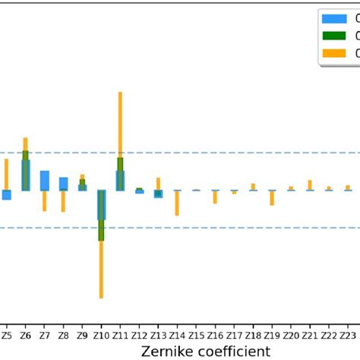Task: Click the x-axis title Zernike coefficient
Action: tap(205, 350)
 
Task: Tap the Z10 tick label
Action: tap(101, 333)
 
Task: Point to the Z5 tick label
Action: tap(7, 333)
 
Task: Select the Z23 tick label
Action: tap(347, 333)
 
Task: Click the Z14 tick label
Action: tap(177, 333)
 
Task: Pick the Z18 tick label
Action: tap(253, 333)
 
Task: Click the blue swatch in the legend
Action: tap(333, 18)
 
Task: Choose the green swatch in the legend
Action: tap(333, 36)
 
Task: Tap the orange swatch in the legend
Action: tap(333, 53)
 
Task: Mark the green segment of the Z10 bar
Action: tap(101, 230)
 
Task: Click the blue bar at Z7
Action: tap(45, 181)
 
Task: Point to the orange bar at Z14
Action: tap(177, 203)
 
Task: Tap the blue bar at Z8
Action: tap(64, 183)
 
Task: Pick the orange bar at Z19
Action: tap(272, 198)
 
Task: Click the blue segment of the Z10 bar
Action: tap(101, 204)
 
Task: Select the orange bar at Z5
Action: tap(7, 173)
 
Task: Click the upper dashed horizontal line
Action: tap(228, 153)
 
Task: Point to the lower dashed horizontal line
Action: tap(228, 227)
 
